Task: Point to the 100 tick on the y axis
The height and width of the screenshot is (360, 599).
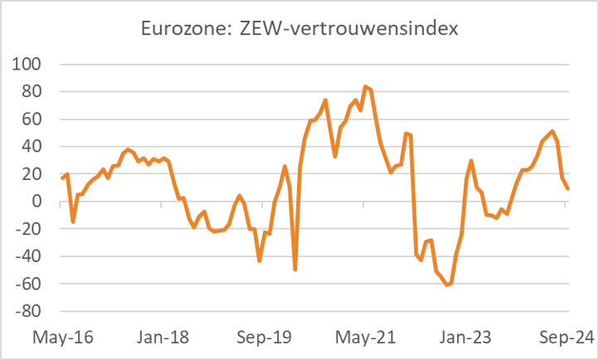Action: (31, 64)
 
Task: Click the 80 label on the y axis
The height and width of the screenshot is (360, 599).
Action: (35, 91)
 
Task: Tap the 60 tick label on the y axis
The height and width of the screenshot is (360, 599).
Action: (35, 119)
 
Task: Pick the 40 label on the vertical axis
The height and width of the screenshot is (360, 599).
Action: (35, 147)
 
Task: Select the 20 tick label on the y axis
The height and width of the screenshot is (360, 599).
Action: (35, 174)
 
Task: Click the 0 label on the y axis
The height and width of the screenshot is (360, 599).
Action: (40, 202)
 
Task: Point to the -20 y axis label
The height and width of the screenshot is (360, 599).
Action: (32, 229)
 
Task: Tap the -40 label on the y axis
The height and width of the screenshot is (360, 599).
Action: (32, 257)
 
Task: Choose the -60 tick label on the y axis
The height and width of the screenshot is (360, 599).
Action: (32, 285)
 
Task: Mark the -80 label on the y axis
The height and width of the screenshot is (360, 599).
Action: (32, 312)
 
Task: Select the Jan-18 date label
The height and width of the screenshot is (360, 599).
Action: (164, 338)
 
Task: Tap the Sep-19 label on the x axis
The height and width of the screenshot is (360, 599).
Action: (265, 338)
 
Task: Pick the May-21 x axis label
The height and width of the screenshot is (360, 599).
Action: (366, 338)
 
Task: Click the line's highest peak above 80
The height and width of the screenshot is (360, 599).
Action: (365, 86)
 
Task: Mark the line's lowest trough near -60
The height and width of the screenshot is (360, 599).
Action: (447, 285)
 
